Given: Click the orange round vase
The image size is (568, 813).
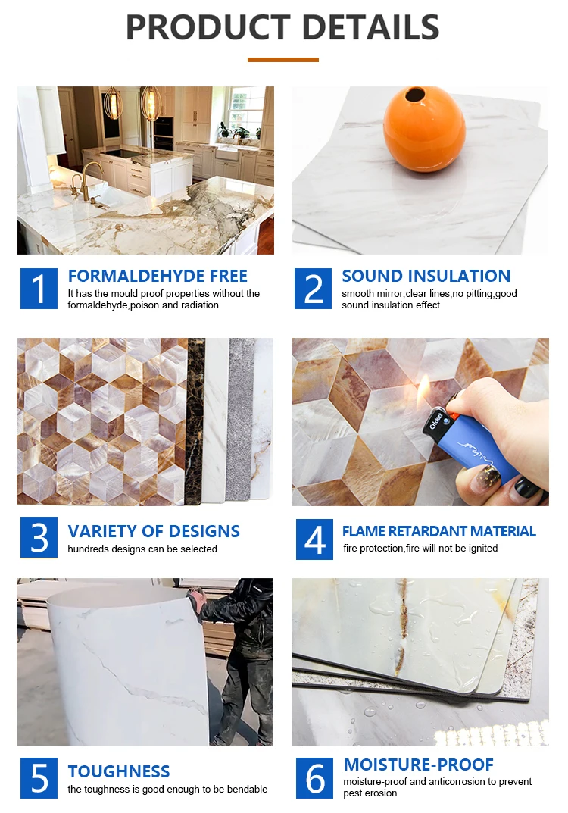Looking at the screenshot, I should tap(423, 128).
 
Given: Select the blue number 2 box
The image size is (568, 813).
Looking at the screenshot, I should tap(313, 289).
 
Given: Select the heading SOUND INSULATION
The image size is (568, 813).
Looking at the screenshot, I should tap(426, 276).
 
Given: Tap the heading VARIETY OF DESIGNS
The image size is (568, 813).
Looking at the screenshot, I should tap(154, 531).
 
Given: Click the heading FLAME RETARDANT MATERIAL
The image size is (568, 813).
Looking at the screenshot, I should tap(438, 531).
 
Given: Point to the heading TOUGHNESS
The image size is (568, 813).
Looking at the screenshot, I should tap(119, 771).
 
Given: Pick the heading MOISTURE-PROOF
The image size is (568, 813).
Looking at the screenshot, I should tap(418, 764).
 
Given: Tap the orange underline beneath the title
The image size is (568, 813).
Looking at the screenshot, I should tap(282, 59).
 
